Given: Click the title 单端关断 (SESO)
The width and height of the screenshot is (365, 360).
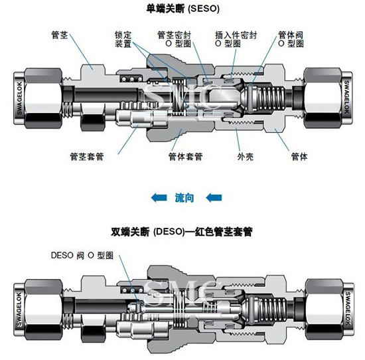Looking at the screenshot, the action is coord(183,9).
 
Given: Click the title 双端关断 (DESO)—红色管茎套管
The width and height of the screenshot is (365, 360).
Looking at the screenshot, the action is coord(182,232).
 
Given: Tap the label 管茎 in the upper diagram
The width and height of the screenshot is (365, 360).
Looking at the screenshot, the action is coord(60,35).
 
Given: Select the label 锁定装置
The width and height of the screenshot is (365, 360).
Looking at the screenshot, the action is coord(123,39).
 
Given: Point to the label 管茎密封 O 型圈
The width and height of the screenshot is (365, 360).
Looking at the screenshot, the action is coord(174,39).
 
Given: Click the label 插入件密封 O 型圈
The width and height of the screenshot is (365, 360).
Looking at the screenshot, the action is coord(236,39).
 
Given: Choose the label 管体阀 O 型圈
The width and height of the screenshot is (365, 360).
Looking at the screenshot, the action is coord(291,39).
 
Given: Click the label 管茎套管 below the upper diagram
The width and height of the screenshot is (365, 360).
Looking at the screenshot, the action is coord(87,157).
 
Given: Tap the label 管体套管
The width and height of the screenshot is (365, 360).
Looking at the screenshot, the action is coord(186,157).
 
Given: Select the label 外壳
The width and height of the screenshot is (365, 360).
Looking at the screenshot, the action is coord(246,157).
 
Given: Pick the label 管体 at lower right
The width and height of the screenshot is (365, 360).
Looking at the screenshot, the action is coord(299,157).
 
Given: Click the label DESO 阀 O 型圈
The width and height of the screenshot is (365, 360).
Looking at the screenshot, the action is coord(82,255).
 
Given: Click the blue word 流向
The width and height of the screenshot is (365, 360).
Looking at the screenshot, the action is coord(184,198).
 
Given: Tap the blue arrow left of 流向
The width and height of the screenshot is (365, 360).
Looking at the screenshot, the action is coord(159,198).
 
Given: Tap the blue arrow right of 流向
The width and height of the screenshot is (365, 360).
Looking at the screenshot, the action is coord(214,198).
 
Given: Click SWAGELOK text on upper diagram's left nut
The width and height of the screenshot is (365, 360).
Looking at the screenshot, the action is coord(19,98).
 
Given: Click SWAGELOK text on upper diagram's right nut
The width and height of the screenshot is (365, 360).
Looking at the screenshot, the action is coord(346,97).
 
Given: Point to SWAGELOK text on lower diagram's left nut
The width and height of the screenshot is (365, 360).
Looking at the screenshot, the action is coord(19,310).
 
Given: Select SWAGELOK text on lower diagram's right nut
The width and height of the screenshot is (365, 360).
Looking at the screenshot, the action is coord(347,308).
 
